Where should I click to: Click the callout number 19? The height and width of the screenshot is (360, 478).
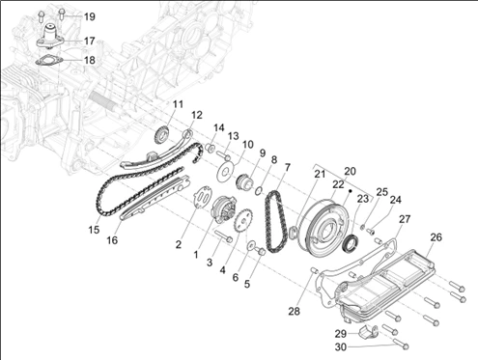pyautogui.click(x=89, y=16)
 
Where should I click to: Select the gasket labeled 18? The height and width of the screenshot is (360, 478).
pyautogui.click(x=48, y=61)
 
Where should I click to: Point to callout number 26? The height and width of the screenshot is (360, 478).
pyautogui.click(x=436, y=237)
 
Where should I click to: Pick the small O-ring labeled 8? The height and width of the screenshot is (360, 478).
pyautogui.click(x=259, y=191)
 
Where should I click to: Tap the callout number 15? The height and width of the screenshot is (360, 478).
pyautogui.click(x=94, y=230)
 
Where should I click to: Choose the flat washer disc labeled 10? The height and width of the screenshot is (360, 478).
pyautogui.click(x=225, y=172)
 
